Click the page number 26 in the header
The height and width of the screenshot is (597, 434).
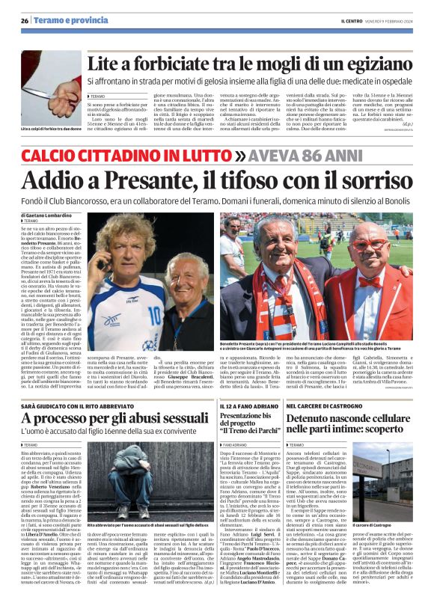(x=25, y=21)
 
